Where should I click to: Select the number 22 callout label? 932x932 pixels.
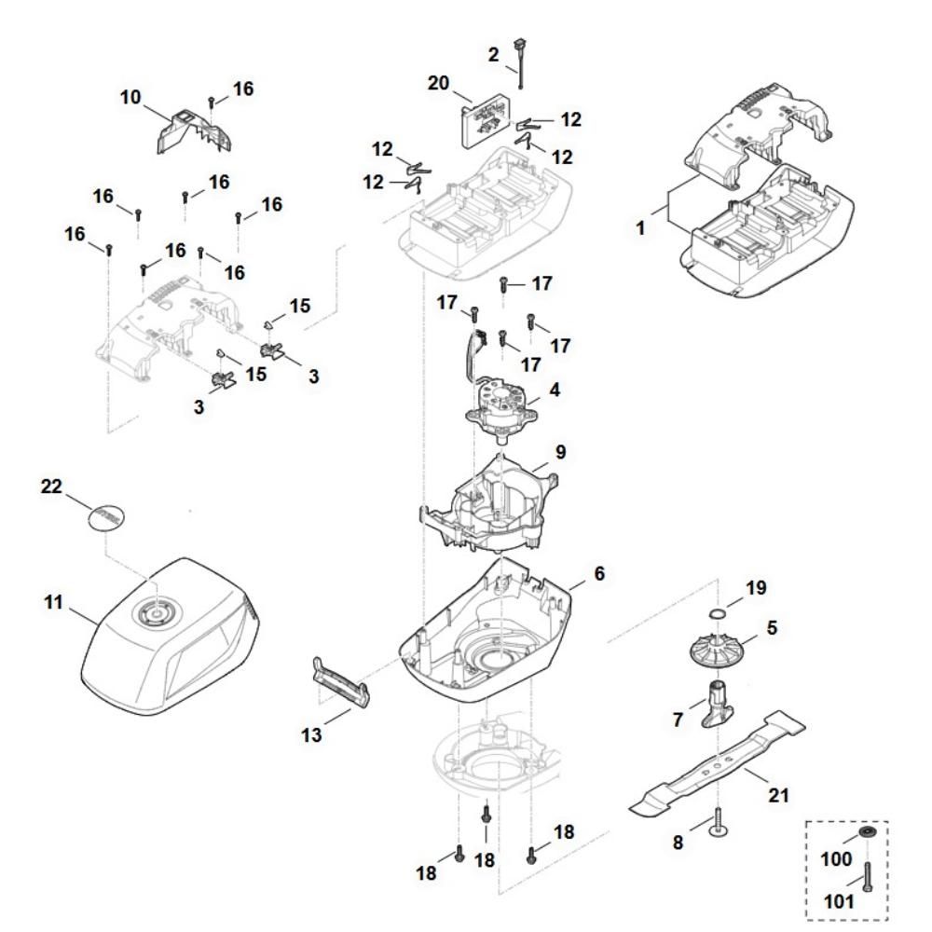click(x=52, y=486)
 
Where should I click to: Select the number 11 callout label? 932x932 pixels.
click(x=54, y=603)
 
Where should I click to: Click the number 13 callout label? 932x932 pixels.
click(x=312, y=735)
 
